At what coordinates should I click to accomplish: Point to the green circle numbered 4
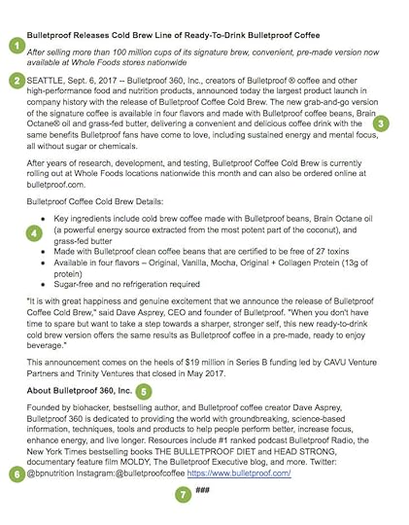pos(36,234)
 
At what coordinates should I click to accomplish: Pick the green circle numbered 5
pos(144,392)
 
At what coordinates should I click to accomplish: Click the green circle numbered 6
pos(16,473)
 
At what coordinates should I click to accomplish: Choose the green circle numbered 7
pos(183,495)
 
